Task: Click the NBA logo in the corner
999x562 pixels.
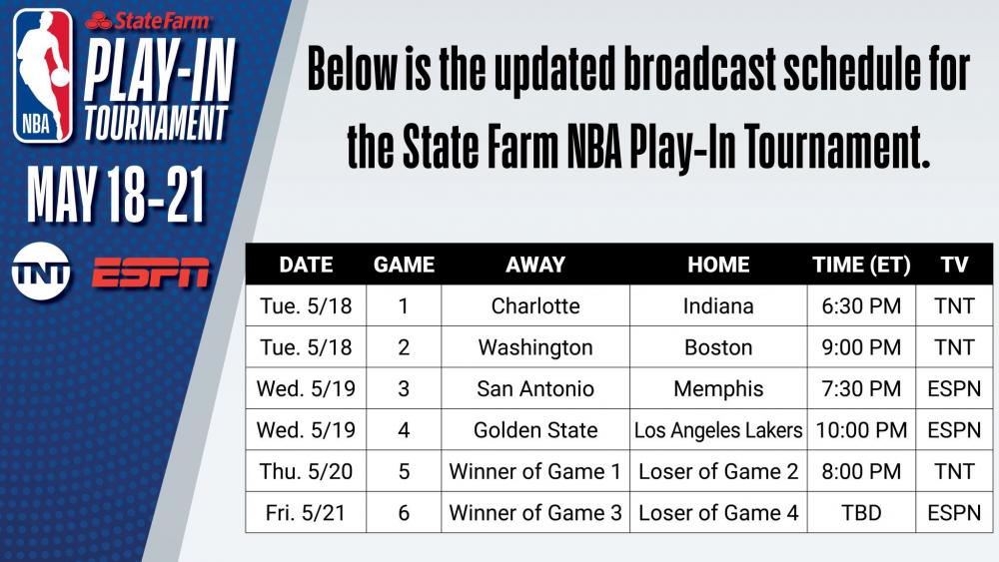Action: pos(43,75)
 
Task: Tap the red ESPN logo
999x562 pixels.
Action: pos(151,273)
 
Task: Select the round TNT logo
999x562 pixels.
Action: pos(41,272)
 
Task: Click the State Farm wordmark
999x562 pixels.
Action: pos(148,21)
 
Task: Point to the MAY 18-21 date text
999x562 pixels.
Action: pos(117,195)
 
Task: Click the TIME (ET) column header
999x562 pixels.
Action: pos(861,265)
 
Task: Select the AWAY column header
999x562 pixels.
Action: pos(535,265)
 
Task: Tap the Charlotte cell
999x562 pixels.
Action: pos(535,306)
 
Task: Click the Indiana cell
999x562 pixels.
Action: pos(718,306)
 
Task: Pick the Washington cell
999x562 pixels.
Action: pos(535,347)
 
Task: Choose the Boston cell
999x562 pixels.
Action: pos(718,347)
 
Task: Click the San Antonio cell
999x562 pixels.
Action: pos(535,388)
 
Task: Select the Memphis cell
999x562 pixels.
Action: pos(718,388)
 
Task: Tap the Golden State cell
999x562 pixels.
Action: pos(535,430)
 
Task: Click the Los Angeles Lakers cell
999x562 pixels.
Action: pos(718,430)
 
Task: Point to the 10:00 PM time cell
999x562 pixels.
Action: pos(861,430)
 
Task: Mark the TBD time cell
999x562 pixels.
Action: pos(861,512)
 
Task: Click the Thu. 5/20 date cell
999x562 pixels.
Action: pos(306,471)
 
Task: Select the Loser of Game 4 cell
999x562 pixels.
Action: pos(718,512)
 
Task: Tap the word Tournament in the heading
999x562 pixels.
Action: pos(835,147)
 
